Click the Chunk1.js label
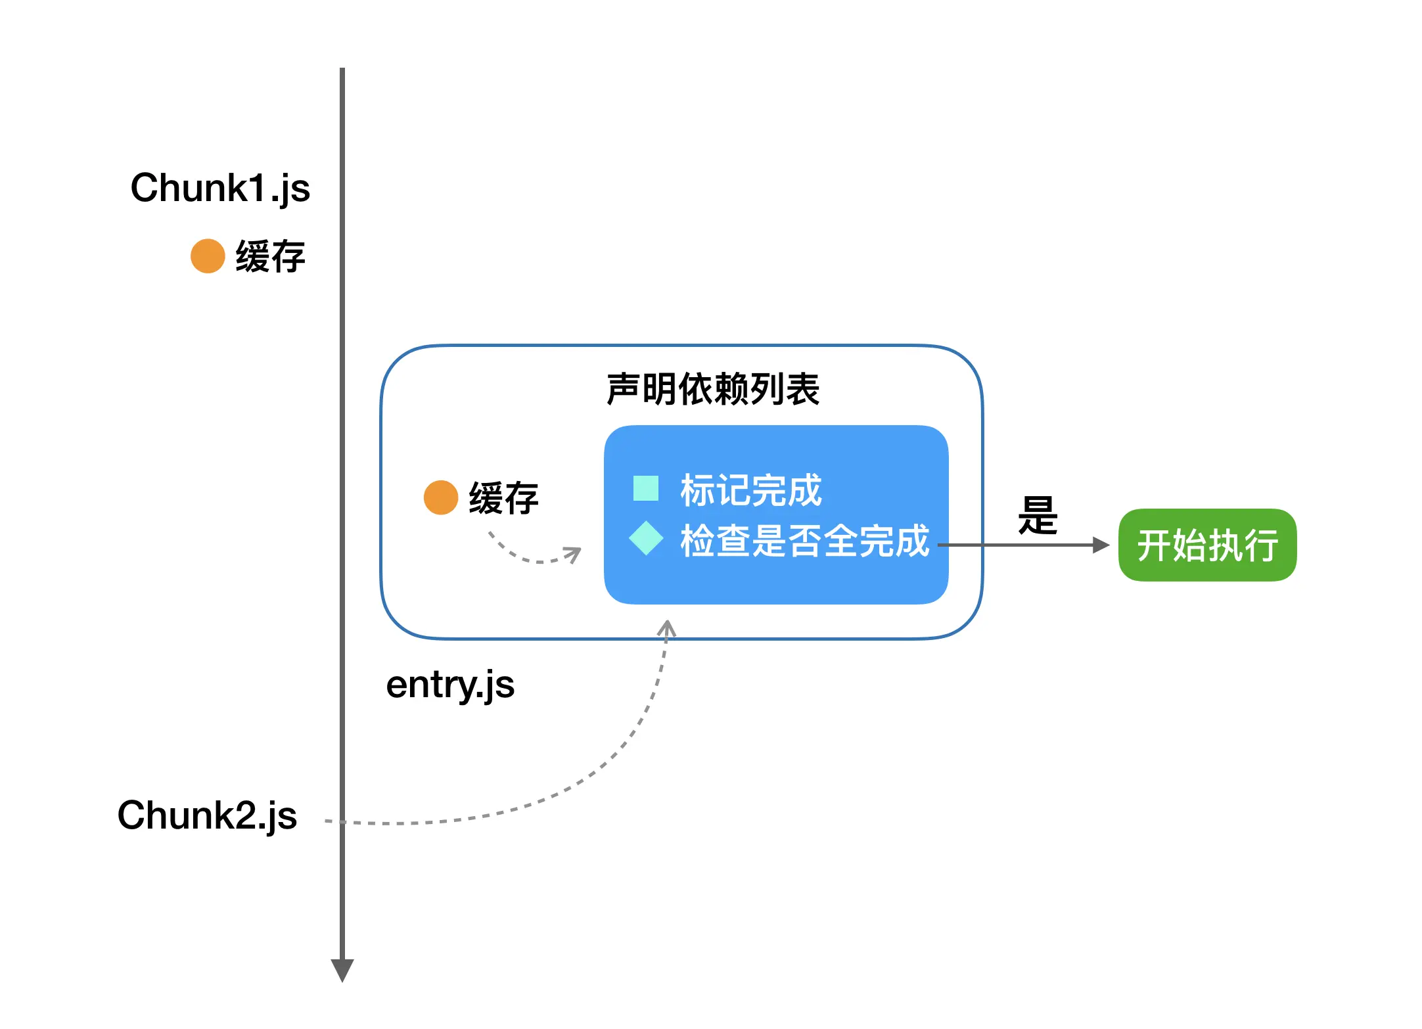click(x=220, y=189)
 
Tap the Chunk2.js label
click(x=207, y=816)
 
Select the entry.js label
click(x=450, y=685)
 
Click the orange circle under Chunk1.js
click(x=208, y=256)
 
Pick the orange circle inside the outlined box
click(x=441, y=497)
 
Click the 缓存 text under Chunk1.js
click(x=270, y=256)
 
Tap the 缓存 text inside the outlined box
click(x=503, y=498)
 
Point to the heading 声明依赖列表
click(x=713, y=389)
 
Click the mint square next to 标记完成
click(x=646, y=488)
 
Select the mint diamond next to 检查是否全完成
click(x=646, y=538)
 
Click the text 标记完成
click(x=750, y=490)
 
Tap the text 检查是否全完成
click(x=804, y=541)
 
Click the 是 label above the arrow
click(x=1038, y=516)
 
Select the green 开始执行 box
click(x=1207, y=545)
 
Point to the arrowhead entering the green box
click(x=1101, y=545)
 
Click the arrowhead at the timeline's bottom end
click(x=342, y=970)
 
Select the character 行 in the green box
click(x=1261, y=545)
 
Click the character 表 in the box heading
click(x=802, y=389)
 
